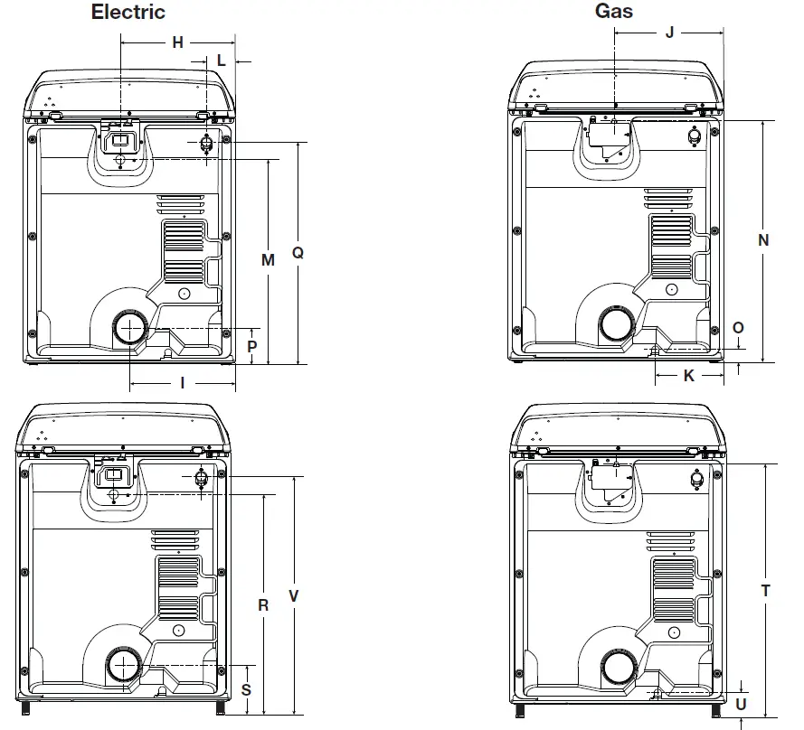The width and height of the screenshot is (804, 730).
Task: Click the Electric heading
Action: click(128, 13)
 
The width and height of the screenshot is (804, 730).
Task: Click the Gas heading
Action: click(613, 11)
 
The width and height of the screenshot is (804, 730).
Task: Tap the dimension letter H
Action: click(177, 42)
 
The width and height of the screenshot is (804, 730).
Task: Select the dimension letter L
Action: click(222, 61)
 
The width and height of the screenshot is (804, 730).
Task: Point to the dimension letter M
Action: click(268, 260)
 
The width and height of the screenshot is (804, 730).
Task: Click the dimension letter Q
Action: click(298, 253)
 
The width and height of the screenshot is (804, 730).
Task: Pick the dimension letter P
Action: click(252, 346)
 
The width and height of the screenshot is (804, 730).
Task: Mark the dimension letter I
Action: click(183, 383)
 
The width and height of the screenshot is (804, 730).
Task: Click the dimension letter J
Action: click(669, 33)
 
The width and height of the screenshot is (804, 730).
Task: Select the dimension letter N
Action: click(763, 240)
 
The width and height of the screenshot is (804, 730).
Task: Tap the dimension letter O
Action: click(738, 328)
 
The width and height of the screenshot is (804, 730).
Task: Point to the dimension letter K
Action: click(688, 376)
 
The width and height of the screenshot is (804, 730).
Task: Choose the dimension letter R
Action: click(263, 605)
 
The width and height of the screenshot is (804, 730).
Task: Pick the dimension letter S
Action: click(246, 689)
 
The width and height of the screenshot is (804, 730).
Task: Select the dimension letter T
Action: click(765, 591)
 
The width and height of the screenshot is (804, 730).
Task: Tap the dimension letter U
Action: click(742, 704)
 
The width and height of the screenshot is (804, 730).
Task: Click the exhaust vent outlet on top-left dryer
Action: click(129, 328)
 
